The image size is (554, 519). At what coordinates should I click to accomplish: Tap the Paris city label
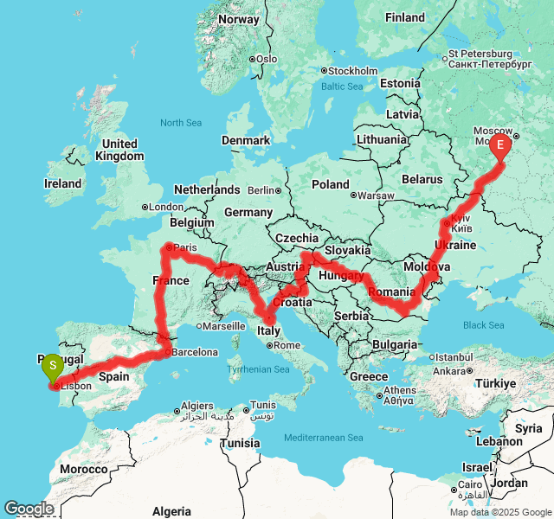click(186, 247)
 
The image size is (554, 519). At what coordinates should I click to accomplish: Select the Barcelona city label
click(194, 352)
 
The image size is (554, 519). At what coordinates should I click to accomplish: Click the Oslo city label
click(267, 59)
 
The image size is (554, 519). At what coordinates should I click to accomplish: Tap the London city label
click(166, 207)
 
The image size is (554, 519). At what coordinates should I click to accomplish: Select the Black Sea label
click(483, 325)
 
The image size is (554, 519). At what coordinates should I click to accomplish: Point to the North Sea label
click(180, 123)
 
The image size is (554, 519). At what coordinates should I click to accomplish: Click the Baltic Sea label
click(342, 86)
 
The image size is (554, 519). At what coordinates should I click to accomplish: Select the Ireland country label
click(62, 183)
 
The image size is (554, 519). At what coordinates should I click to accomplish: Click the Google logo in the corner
click(28, 509)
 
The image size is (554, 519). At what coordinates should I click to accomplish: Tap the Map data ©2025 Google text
click(499, 512)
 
